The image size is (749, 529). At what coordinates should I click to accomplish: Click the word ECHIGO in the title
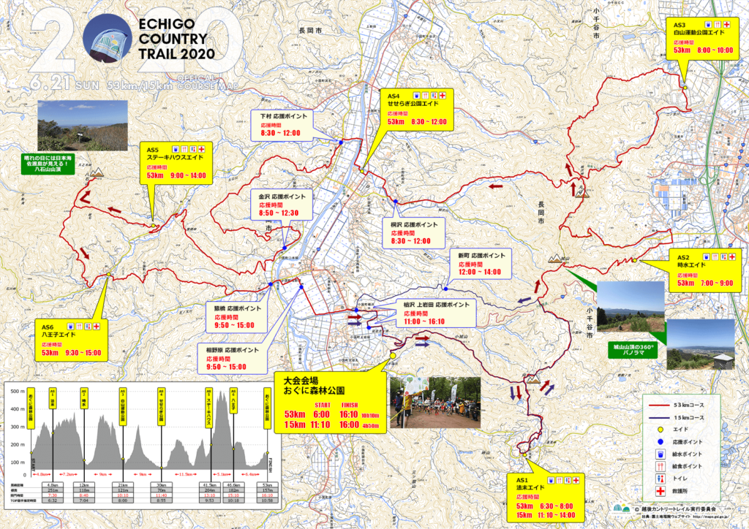pos(164,24)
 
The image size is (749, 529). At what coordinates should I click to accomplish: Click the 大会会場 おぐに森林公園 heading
pos(314,385)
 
